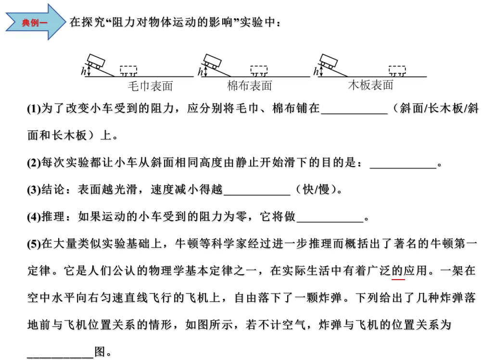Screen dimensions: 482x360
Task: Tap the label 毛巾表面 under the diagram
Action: (150, 86)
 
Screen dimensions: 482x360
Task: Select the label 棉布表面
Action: (249, 86)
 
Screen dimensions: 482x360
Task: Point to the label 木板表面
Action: (370, 85)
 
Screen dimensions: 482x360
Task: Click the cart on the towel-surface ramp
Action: (96, 61)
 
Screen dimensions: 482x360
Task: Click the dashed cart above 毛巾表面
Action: (128, 71)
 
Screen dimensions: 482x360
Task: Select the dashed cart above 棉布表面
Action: (259, 70)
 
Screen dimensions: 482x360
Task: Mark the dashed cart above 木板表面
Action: (397, 70)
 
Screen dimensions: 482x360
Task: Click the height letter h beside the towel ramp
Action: (83, 71)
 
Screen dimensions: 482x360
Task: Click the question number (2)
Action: (34, 164)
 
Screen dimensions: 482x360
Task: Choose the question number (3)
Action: (34, 190)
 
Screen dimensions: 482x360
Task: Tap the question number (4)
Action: (34, 217)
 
